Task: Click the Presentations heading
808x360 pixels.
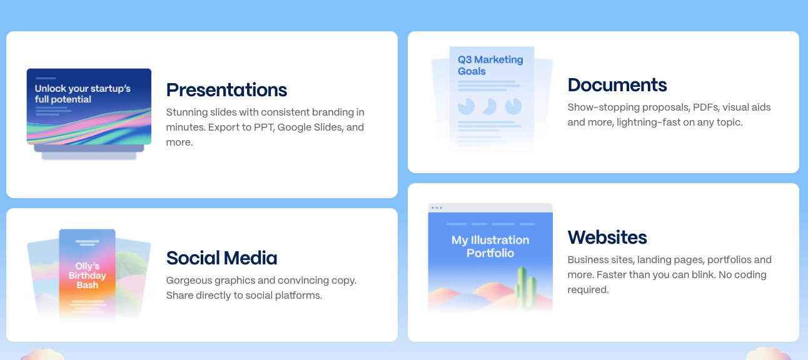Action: click(226, 90)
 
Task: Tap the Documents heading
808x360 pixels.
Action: click(617, 85)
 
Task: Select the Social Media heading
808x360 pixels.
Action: click(221, 258)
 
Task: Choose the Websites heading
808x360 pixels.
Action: click(607, 237)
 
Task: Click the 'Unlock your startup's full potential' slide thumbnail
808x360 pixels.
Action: click(89, 107)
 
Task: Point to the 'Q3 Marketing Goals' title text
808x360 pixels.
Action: click(490, 65)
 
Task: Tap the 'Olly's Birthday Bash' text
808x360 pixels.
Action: click(88, 276)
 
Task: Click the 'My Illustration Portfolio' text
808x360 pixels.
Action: click(490, 246)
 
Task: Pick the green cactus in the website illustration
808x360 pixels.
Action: click(525, 288)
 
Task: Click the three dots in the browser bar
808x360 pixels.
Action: click(437, 208)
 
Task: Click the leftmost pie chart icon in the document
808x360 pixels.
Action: click(466, 107)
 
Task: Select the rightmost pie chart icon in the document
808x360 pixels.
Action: click(513, 107)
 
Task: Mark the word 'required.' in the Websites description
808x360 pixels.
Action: click(588, 290)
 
